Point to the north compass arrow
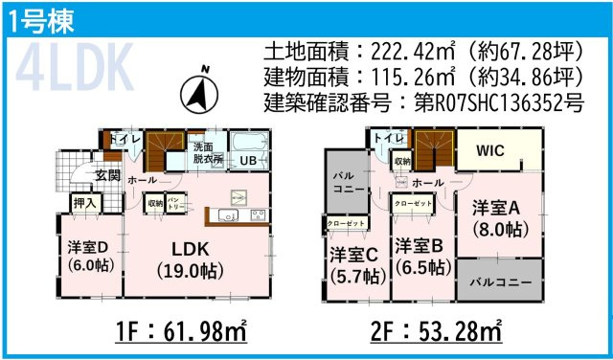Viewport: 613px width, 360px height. tap(202, 92)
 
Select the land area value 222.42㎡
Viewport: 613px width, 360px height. tap(392, 51)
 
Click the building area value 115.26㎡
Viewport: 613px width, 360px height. tap(392, 76)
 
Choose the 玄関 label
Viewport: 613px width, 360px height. tap(107, 175)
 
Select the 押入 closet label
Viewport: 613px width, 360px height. tap(84, 203)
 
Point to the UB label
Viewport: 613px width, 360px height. tap(248, 160)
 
